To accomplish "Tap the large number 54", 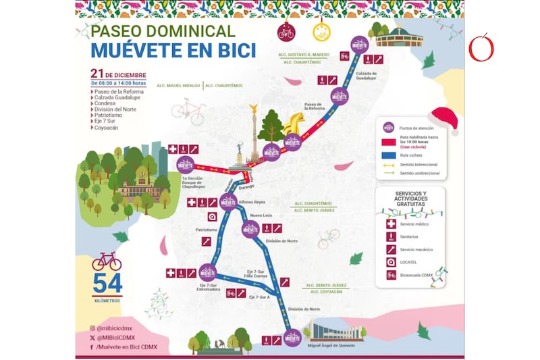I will pyautogui.click(x=107, y=284).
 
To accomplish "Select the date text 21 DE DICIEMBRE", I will pyautogui.click(x=118, y=73).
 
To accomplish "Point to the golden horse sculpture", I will pyautogui.click(x=294, y=125).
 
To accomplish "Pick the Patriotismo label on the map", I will pyautogui.click(x=207, y=230).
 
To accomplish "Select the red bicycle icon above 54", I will pyautogui.click(x=107, y=261).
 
